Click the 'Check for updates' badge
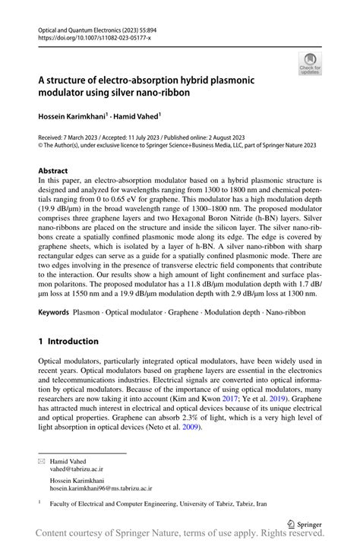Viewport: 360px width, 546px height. [310, 64]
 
